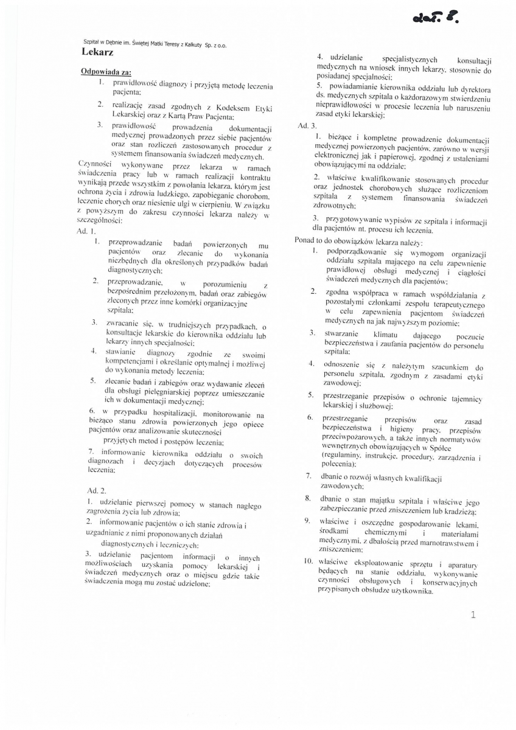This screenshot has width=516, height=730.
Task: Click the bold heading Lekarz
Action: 97,53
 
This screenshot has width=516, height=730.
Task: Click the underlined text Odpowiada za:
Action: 102,72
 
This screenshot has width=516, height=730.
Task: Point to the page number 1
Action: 473,614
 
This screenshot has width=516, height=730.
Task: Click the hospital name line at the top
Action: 155,43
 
